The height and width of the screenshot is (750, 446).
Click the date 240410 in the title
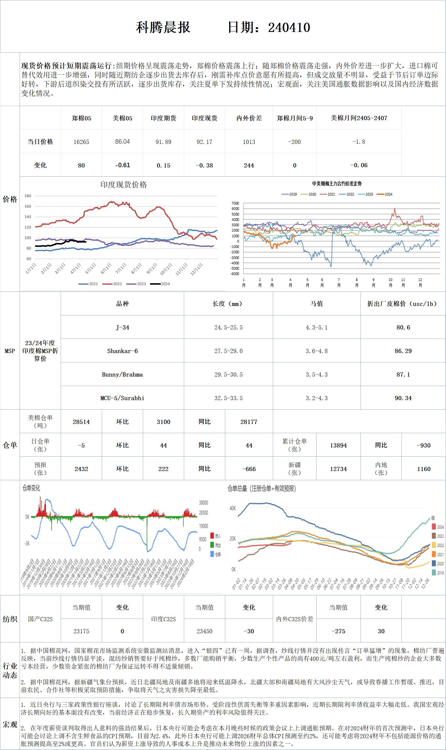pos(289,28)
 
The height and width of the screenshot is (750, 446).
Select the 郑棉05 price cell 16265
pos(81,142)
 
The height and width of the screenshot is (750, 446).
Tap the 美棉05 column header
pos(122,118)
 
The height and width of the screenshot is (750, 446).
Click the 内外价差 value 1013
pos(249,142)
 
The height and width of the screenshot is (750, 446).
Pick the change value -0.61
pos(122,165)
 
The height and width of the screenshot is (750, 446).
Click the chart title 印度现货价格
pos(123,184)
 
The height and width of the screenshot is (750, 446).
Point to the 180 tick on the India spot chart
pos(28,196)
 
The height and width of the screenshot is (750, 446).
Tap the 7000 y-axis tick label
pos(235,204)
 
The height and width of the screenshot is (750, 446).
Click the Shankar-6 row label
pos(122,351)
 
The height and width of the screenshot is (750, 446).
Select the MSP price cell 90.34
pos(403,398)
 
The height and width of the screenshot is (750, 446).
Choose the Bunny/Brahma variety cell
pos(122,374)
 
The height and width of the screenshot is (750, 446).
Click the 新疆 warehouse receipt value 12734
pos(338,469)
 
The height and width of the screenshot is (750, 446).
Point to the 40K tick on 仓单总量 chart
pos(233,508)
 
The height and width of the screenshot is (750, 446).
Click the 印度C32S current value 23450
pos(204,631)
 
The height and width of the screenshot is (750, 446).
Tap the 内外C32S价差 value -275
pos(338,631)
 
